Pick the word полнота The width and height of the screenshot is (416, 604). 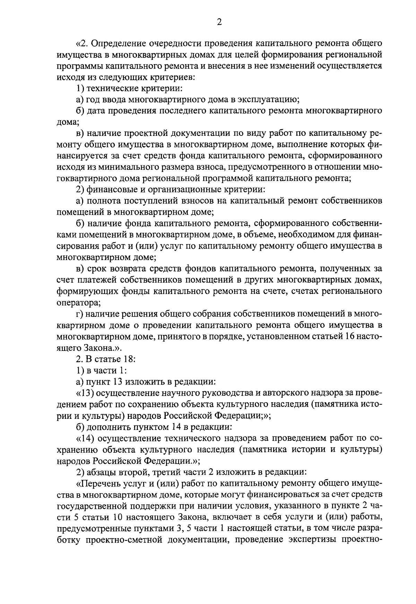coord(104,201)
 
